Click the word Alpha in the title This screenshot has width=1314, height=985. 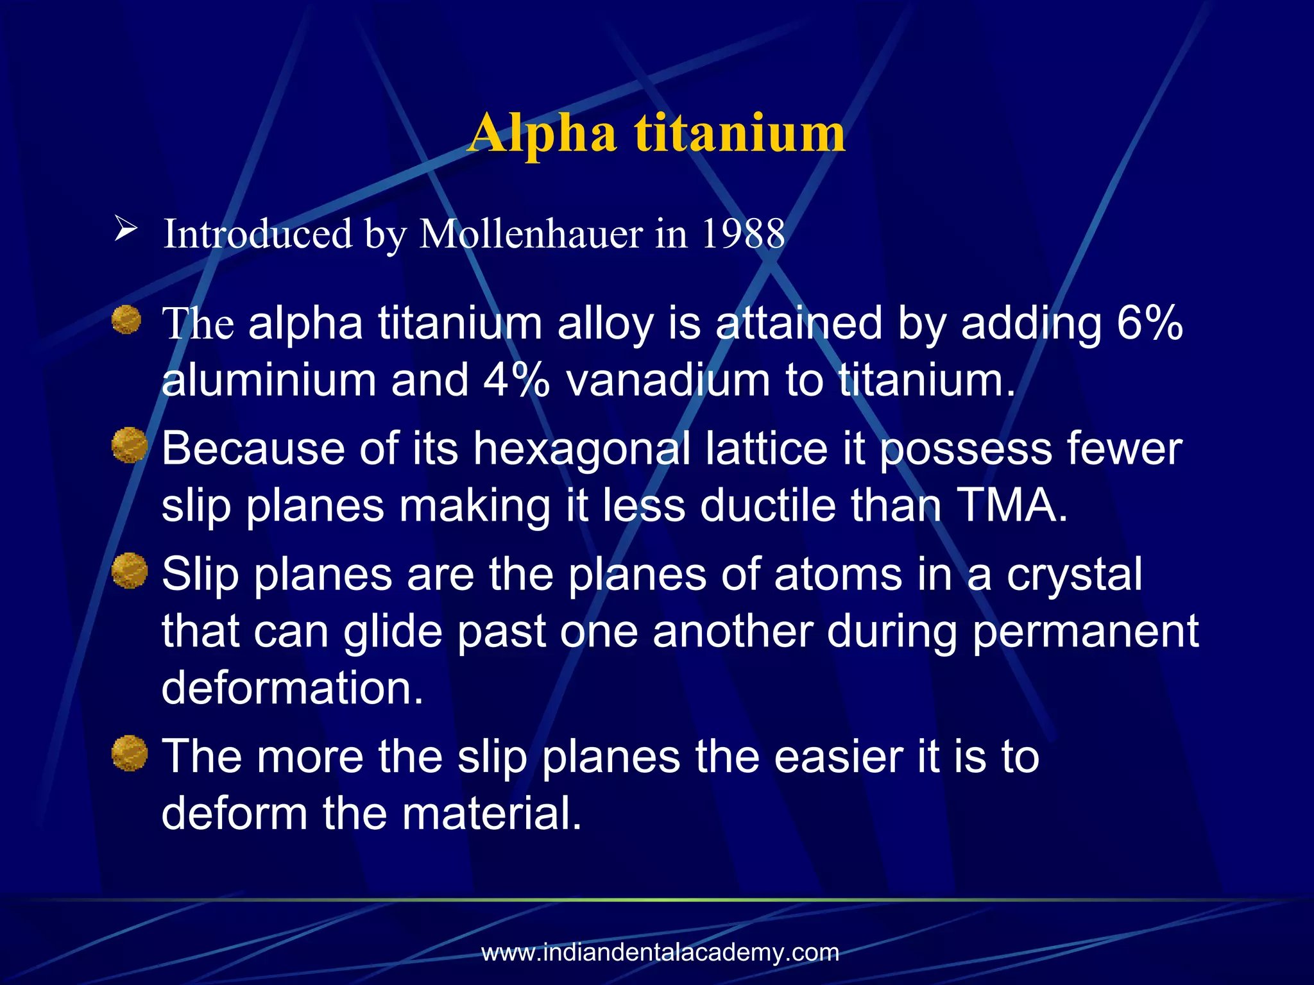[542, 133]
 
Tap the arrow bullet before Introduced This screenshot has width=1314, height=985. [126, 228]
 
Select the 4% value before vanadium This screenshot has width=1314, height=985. [516, 380]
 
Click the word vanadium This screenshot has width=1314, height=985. [668, 380]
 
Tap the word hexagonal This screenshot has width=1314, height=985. [582, 449]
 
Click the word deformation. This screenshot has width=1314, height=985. [293, 687]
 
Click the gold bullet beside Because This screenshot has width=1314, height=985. [129, 445]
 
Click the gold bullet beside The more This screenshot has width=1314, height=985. [129, 753]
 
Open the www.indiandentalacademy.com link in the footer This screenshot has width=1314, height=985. [660, 952]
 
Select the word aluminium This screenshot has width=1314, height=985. [269, 380]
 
